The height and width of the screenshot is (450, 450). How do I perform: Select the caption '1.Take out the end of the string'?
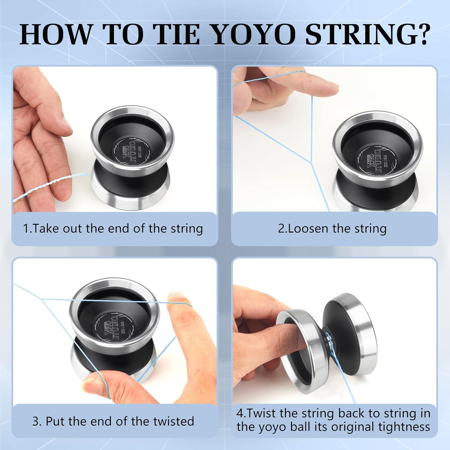tap(113, 229)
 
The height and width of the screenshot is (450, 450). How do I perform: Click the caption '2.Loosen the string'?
tap(332, 229)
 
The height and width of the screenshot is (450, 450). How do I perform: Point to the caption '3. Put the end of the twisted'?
tap(113, 421)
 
